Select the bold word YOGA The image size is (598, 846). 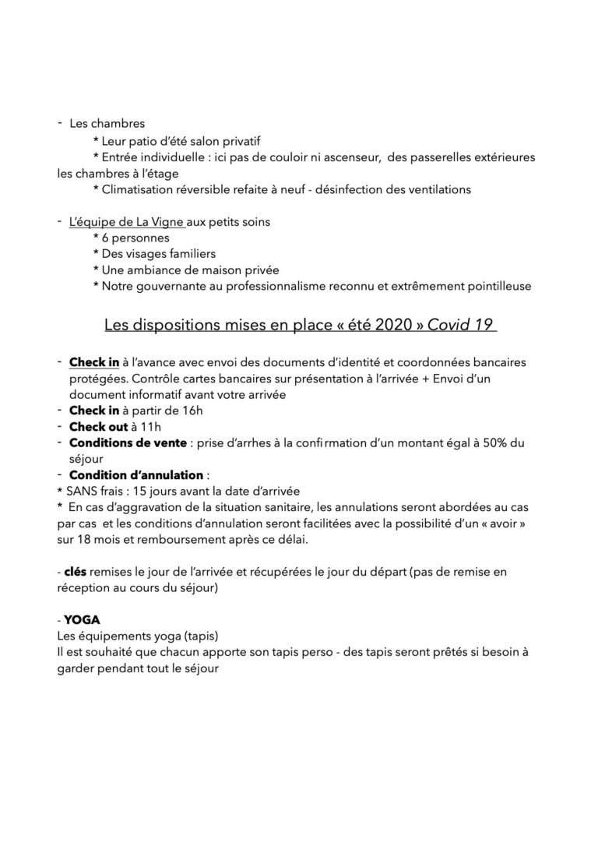79,619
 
